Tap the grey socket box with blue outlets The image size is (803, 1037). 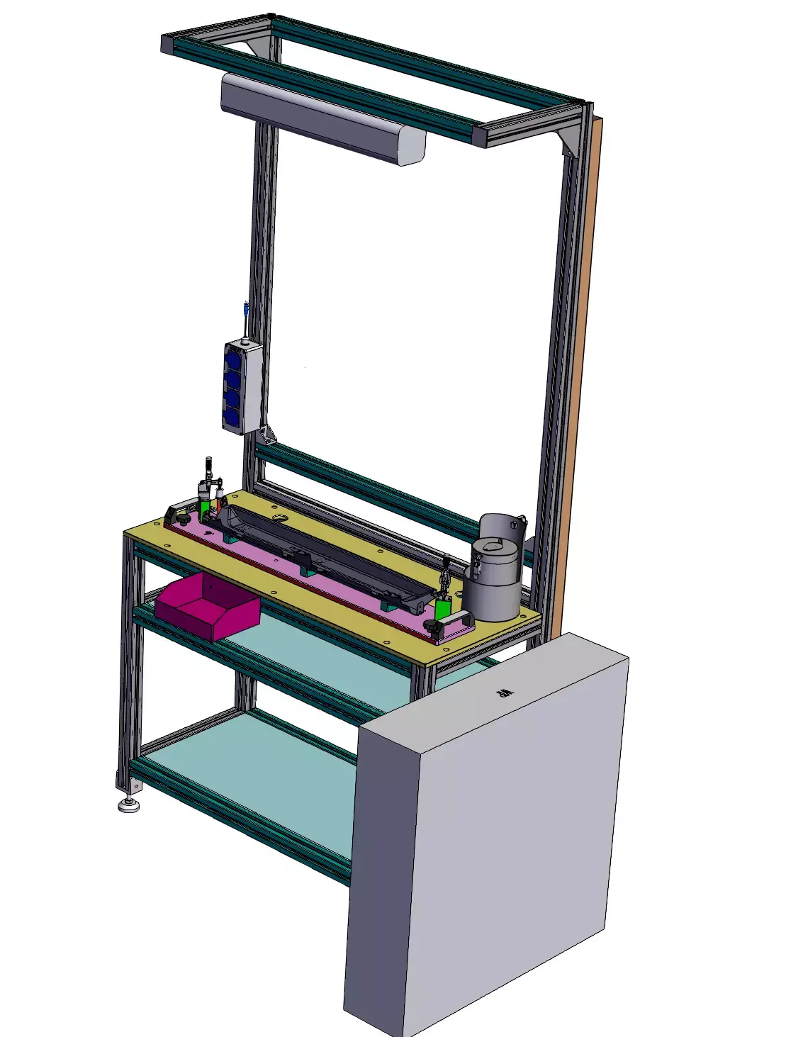[x=242, y=386]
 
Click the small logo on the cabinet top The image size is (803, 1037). [x=505, y=692]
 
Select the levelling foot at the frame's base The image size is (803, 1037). [x=128, y=805]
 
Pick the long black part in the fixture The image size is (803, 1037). [x=319, y=549]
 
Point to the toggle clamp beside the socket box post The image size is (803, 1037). [x=206, y=489]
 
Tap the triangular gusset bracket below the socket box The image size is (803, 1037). [x=267, y=433]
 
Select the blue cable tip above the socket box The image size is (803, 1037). [x=245, y=310]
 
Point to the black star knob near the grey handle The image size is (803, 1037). [x=431, y=626]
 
